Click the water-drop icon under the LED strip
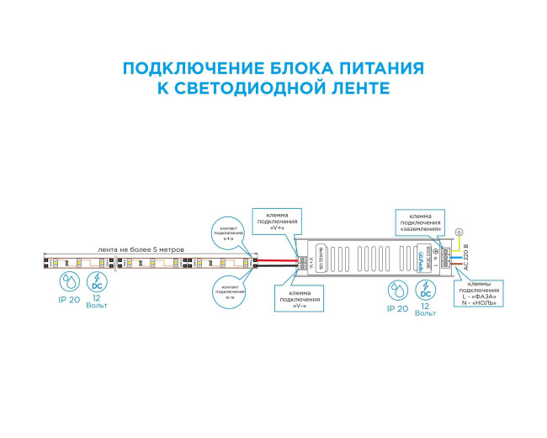(66, 281)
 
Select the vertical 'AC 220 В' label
(465, 259)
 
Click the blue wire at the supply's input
(455, 254)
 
